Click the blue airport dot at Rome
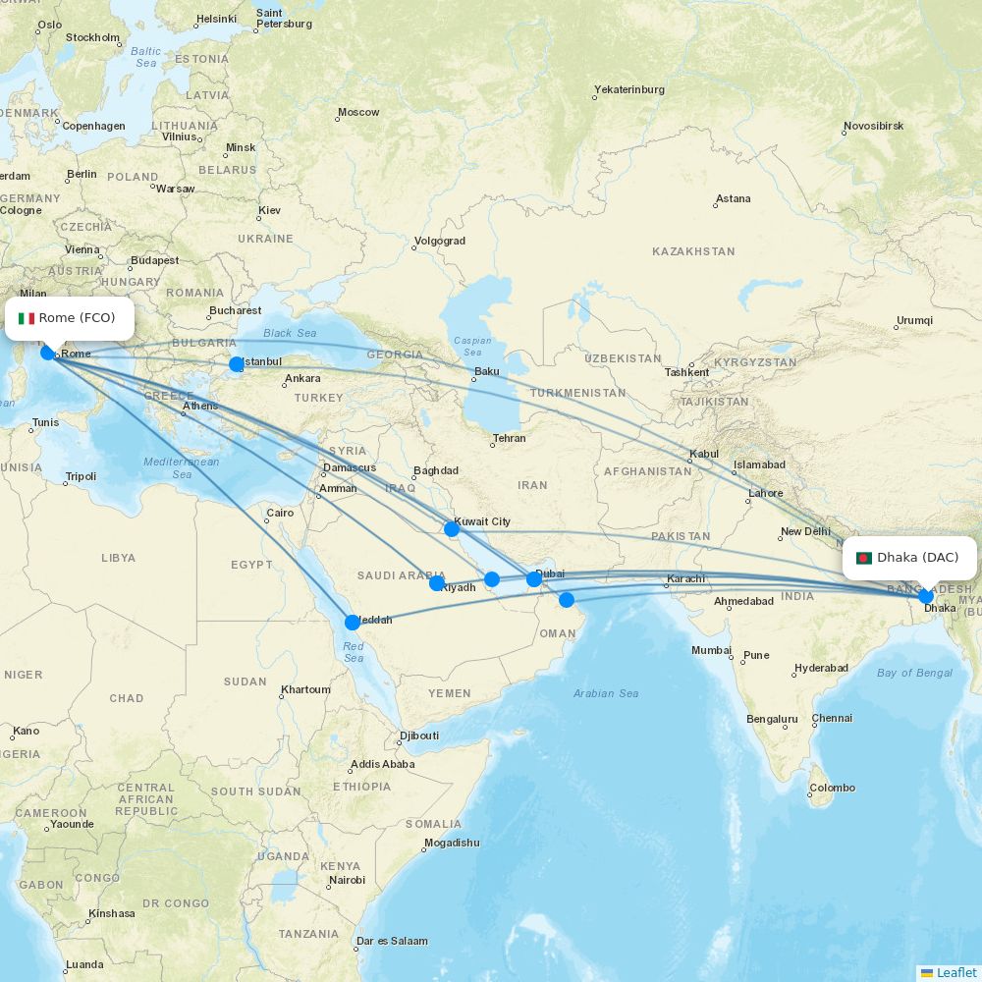coord(47,353)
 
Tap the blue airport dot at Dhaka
coord(925,595)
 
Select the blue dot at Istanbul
coord(237,364)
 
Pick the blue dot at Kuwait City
coord(452,529)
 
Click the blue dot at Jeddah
coord(353,622)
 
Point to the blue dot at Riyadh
coord(437,583)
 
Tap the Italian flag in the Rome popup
coord(27,318)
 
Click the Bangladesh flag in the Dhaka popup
coord(864,558)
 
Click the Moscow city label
coord(357,112)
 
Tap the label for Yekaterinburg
coord(628,89)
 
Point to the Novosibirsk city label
coord(873,127)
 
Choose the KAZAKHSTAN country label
coord(693,251)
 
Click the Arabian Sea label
coord(606,693)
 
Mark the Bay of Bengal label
coord(914,673)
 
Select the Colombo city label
coord(832,788)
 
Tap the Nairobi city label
coord(348,880)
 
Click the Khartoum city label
coord(305,689)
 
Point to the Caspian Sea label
coord(472,347)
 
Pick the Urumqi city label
coord(913,321)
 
